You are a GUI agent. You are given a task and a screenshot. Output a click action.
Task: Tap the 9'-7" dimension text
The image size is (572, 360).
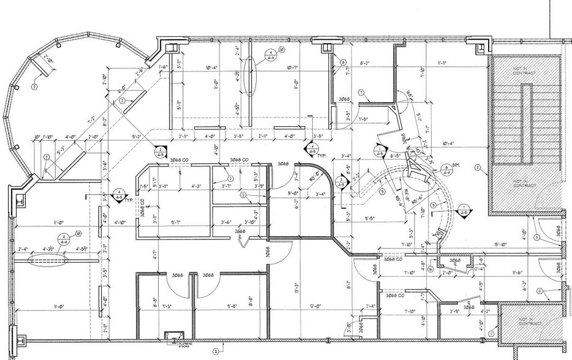coord(177,222)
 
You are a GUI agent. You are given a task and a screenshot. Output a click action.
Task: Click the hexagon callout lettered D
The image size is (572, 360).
coord(216,352)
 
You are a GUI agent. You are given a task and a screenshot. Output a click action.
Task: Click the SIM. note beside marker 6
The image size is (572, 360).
coord(456,165)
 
